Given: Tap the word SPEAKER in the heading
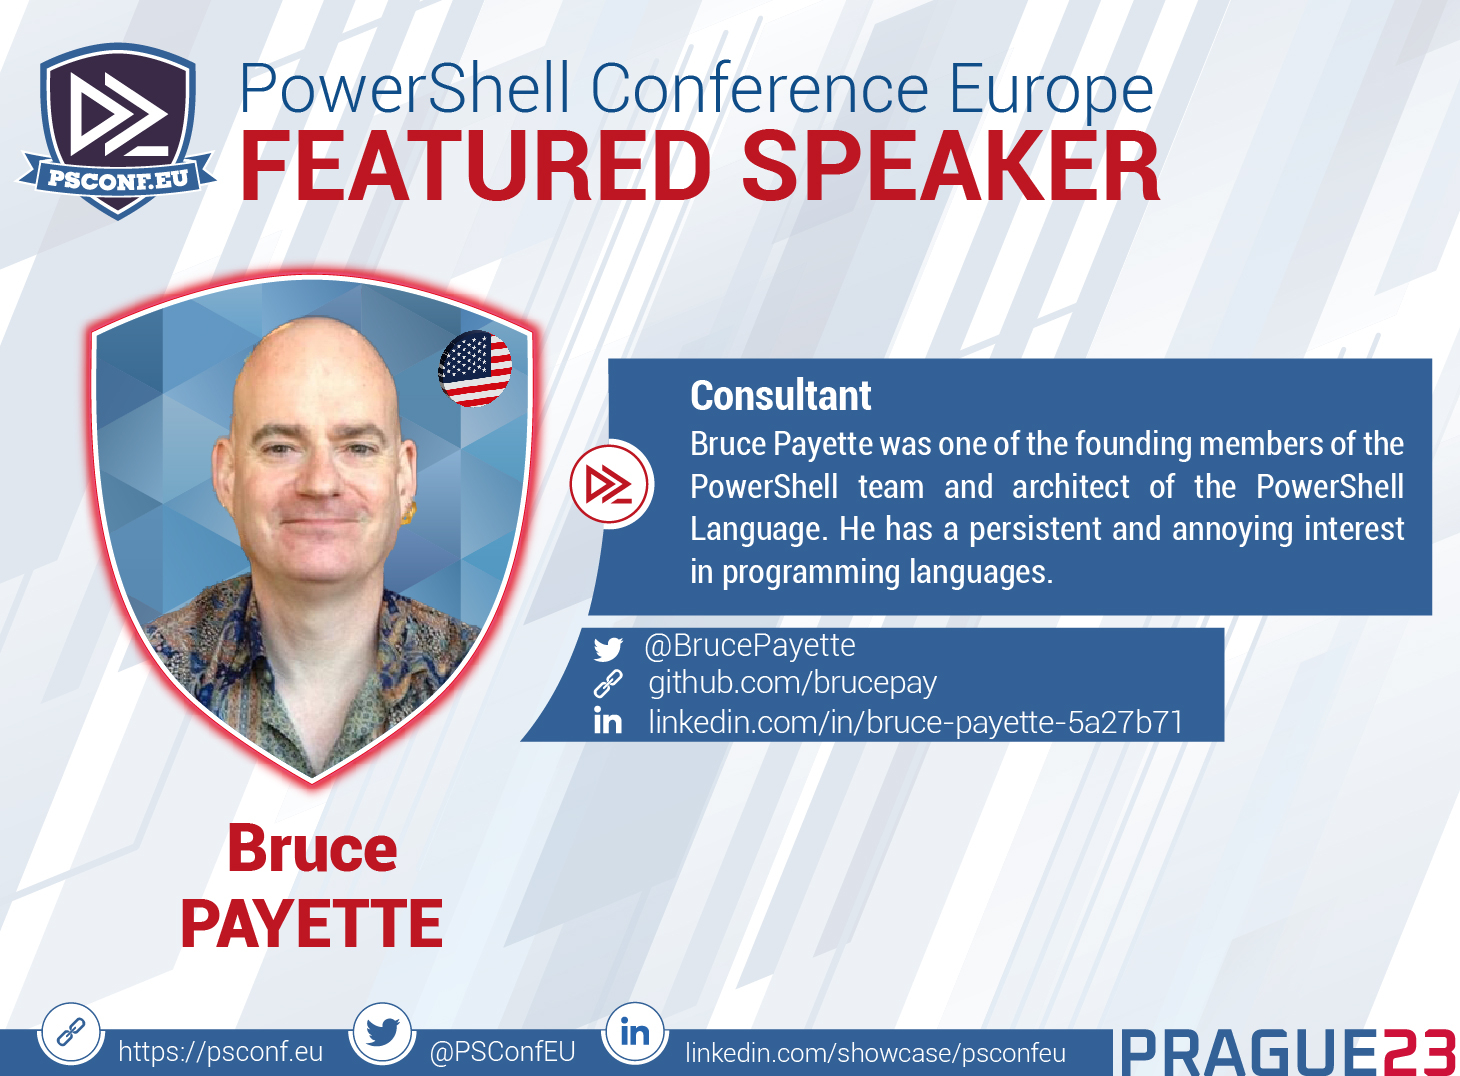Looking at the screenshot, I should click(950, 167).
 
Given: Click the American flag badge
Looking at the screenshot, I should click(475, 369).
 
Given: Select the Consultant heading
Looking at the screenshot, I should click(780, 396).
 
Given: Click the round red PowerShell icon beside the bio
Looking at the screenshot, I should click(610, 485).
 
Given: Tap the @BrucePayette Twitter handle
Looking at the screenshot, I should click(750, 646).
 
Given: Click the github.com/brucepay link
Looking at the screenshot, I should click(792, 683).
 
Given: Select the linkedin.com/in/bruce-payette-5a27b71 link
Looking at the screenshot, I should click(915, 722).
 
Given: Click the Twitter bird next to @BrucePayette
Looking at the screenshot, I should click(608, 649).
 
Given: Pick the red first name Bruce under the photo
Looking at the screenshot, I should click(312, 849).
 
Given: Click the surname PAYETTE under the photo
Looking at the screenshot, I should click(312, 923).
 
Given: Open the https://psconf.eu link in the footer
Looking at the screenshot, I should click(220, 1052).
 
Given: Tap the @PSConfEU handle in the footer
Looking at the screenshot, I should click(502, 1052).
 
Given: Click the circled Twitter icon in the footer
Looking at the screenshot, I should click(382, 1032).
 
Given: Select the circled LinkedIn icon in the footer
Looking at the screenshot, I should click(635, 1032).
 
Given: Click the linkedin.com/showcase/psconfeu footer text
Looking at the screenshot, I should click(875, 1053).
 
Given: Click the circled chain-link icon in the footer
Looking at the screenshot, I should click(71, 1032).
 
